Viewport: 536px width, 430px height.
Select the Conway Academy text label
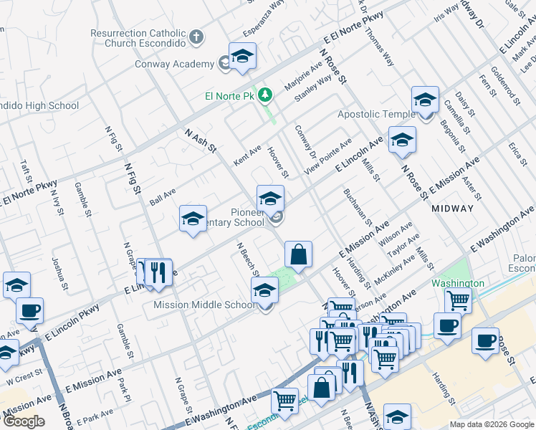(174, 64)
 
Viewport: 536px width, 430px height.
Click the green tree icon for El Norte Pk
(265, 95)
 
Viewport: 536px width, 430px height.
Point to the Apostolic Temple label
(375, 115)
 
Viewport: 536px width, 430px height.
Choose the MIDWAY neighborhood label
(452, 209)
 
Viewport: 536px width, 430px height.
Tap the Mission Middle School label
(205, 305)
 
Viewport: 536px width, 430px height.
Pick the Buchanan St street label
(356, 208)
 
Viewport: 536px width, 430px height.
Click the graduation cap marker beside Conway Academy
(243, 57)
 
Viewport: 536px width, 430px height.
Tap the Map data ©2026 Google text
(492, 424)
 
